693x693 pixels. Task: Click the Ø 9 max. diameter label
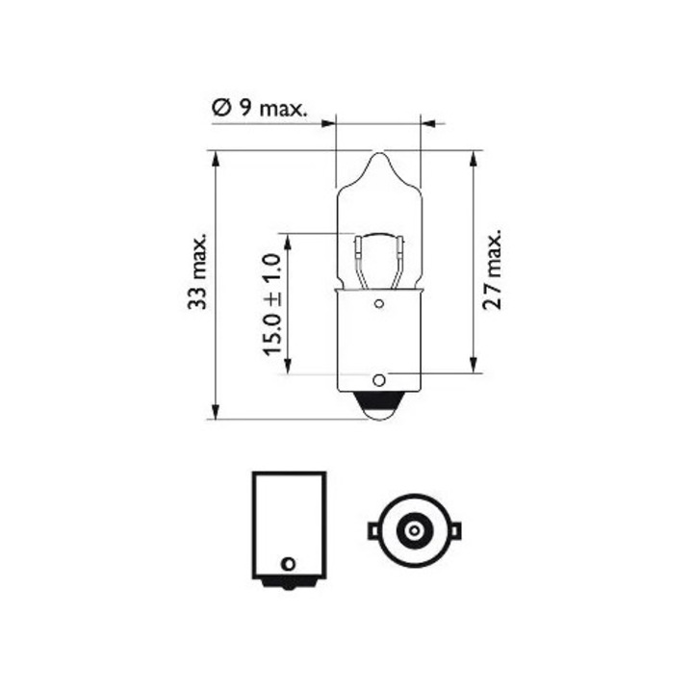click(x=259, y=109)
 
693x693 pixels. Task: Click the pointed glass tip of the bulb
click(x=378, y=155)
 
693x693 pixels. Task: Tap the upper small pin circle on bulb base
click(x=378, y=305)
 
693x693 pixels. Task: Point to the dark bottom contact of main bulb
click(x=378, y=409)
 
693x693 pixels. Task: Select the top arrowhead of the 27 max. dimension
click(x=474, y=157)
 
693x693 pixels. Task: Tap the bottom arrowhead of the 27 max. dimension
click(x=474, y=367)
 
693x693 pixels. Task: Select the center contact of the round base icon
click(x=415, y=529)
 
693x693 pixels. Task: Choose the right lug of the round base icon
click(x=457, y=529)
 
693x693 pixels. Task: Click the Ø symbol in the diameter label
click(x=219, y=109)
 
